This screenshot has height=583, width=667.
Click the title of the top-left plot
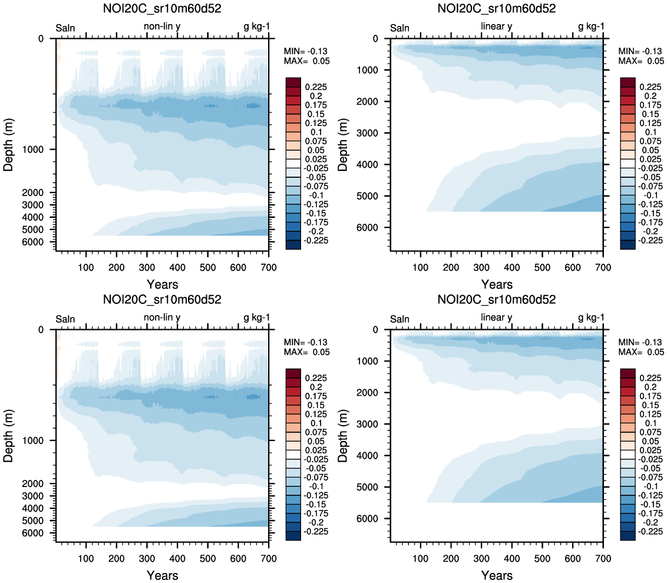pyautogui.click(x=162, y=8)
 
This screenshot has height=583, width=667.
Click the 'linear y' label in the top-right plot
pyautogui.click(x=497, y=26)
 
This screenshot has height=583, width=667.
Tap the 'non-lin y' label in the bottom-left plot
pyautogui.click(x=162, y=318)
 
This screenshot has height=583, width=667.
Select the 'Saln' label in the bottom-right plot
pyautogui.click(x=399, y=319)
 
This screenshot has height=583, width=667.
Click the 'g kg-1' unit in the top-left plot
pyautogui.click(x=257, y=27)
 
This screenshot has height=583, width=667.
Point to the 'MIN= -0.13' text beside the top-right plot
pyautogui.click(x=640, y=51)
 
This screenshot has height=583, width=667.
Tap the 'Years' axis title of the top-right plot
pyautogui.click(x=497, y=284)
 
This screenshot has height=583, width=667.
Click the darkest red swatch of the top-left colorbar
pyautogui.click(x=293, y=82)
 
